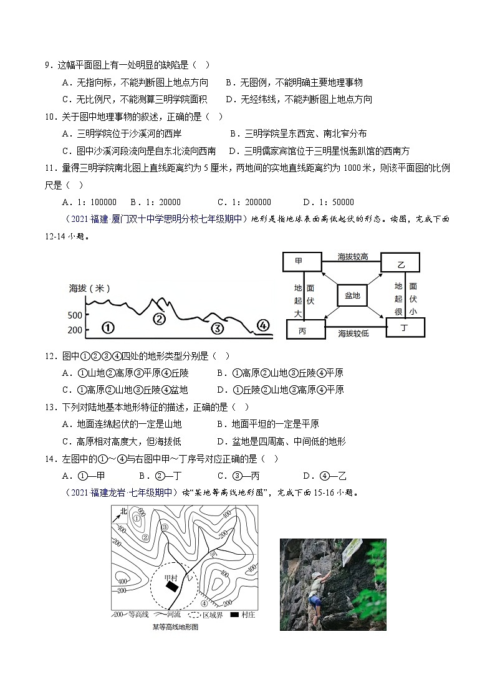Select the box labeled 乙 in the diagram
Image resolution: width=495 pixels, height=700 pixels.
coord(400,264)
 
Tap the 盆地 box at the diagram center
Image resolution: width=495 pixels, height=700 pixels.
coord(353,295)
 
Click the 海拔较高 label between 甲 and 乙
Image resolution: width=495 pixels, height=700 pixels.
coord(352,257)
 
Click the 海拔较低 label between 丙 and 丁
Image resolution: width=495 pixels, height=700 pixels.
coord(353,333)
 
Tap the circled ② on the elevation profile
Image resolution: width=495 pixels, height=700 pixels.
coord(160,319)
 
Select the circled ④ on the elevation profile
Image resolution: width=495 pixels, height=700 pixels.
coord(263,325)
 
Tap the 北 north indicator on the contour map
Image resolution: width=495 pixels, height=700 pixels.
coord(123,512)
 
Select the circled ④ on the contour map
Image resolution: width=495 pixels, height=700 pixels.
coord(204,603)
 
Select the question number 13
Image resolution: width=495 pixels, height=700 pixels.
coord(49,407)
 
